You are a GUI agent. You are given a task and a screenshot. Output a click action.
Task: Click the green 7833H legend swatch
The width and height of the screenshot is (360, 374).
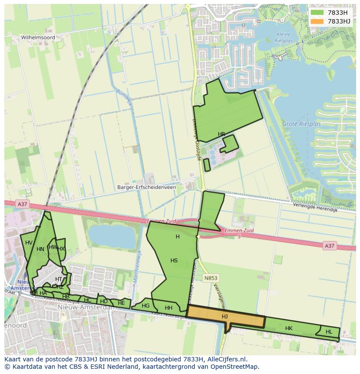[x=317, y=13]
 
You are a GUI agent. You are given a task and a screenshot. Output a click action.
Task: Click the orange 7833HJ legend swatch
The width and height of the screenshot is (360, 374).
[x=317, y=21]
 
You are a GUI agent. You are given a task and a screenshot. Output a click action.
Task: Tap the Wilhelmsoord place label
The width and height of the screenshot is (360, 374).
[x=38, y=38]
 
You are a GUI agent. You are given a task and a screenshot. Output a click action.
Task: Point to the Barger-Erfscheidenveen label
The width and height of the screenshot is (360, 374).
[x=147, y=187]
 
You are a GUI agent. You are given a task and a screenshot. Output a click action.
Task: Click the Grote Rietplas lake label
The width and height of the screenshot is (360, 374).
[x=301, y=124]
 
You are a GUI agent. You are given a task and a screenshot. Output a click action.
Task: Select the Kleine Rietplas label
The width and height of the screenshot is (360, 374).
[x=284, y=37]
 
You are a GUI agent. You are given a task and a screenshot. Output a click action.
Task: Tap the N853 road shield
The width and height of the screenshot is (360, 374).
[x=211, y=278]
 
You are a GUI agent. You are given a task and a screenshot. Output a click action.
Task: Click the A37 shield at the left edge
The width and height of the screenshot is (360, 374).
[x=22, y=204]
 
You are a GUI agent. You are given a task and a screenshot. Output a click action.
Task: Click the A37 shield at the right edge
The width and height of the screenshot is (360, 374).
[x=330, y=246]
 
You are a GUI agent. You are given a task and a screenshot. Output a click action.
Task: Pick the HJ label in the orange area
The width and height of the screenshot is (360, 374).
[x=225, y=317]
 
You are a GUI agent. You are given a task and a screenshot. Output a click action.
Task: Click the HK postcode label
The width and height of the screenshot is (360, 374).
[x=289, y=328]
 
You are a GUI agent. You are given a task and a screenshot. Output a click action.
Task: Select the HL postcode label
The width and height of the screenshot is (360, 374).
[x=329, y=332]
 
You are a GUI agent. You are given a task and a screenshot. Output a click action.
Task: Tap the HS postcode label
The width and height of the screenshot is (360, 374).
[x=174, y=261]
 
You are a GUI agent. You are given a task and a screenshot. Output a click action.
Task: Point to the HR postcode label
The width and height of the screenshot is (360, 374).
[x=222, y=134]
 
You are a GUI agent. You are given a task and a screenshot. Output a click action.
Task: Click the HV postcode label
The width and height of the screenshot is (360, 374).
[x=29, y=243]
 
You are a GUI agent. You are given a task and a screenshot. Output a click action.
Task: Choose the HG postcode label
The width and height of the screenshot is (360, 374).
[x=146, y=306]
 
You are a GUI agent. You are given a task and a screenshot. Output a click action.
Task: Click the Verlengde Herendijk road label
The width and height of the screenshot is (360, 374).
[x=315, y=207]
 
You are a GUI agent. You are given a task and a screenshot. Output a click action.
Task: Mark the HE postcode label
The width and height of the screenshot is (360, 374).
[x=121, y=303]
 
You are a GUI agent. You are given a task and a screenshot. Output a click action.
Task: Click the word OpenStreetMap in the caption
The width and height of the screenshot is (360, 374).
[x=233, y=367]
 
